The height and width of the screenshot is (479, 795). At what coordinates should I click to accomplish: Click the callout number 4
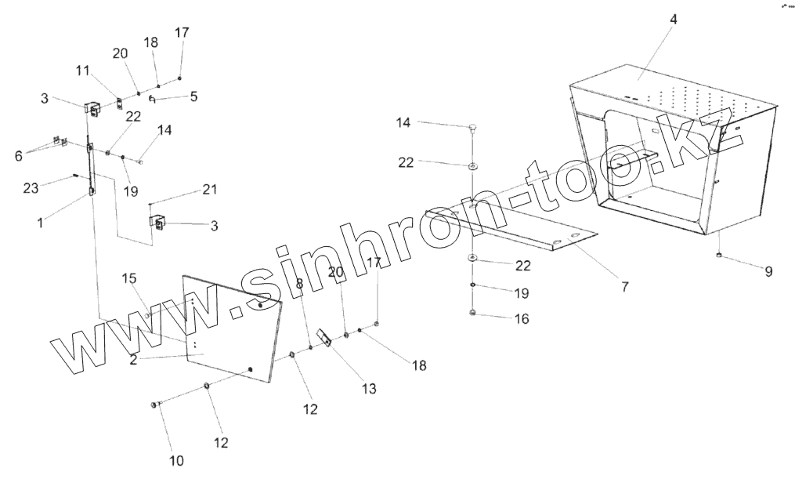[x=673, y=20]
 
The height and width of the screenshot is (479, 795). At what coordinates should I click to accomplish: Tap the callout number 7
[x=624, y=287]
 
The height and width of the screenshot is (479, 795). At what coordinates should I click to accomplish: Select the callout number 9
[x=768, y=272]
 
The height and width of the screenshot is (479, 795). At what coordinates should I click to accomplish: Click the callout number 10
[x=177, y=460]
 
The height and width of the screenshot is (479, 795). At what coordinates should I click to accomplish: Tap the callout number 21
[x=209, y=189]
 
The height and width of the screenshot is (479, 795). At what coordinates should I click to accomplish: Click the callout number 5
[x=193, y=97]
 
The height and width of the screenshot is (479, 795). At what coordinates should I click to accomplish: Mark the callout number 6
[x=19, y=155]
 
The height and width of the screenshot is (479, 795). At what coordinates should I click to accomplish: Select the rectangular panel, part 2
[x=227, y=329]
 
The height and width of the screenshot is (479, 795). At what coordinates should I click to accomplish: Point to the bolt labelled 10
[x=154, y=404]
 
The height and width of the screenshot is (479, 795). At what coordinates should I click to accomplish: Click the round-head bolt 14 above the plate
[x=473, y=126]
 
